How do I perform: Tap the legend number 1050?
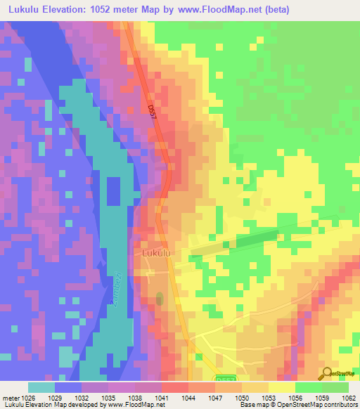pos(241,397)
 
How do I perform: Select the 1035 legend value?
pos(108,397)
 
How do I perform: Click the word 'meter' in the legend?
pos(9,397)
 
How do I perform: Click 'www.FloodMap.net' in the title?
pos(217,11)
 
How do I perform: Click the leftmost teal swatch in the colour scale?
pos(41,387)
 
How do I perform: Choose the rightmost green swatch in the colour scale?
pos(335,387)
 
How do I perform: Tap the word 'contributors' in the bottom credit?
pos(340,405)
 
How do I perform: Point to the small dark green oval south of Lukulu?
pos(159,299)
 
